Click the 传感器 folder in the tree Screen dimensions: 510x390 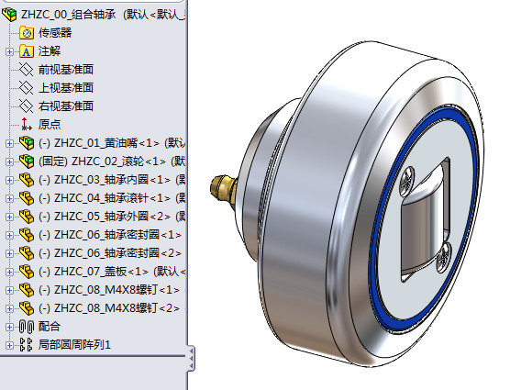tap(55, 32)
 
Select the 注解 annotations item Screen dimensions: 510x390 tap(50, 51)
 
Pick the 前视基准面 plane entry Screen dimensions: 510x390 tap(66, 70)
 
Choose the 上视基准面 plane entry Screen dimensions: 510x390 tap(66, 87)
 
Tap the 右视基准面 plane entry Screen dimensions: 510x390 tap(66, 106)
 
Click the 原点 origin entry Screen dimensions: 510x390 tap(50, 124)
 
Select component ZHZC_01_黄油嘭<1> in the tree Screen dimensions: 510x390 tap(112, 143)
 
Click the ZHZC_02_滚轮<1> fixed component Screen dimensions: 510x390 tap(112, 162)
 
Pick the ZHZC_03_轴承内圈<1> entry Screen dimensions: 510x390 tap(112, 180)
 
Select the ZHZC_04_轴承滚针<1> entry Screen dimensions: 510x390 tap(112, 198)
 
